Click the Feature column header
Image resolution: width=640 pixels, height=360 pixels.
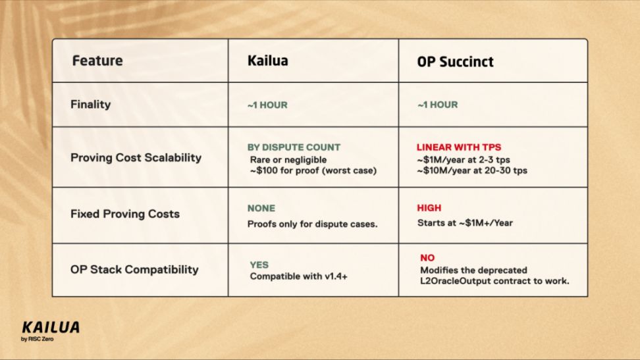(97, 61)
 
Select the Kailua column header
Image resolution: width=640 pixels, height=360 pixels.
(268, 61)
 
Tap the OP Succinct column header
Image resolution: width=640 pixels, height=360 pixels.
(455, 62)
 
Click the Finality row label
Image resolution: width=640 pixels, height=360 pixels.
(91, 105)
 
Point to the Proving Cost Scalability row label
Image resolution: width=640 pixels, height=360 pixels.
(136, 157)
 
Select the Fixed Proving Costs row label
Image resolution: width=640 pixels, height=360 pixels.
(125, 214)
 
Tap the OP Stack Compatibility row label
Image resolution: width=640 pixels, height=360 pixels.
(134, 269)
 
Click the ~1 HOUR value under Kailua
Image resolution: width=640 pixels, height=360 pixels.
(267, 105)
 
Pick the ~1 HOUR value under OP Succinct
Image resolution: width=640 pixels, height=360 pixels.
(438, 105)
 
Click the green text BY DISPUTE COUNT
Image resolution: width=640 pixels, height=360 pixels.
(294, 147)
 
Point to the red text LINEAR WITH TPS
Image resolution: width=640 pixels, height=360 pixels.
(459, 147)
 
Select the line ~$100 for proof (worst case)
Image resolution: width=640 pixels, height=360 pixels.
(313, 170)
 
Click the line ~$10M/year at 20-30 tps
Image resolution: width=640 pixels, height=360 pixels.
(472, 170)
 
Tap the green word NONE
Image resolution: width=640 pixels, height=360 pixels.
(261, 208)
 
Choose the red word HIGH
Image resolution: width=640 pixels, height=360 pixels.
(429, 208)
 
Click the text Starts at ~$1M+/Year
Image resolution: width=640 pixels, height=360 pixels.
(465, 223)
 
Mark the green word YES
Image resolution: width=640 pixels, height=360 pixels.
(259, 265)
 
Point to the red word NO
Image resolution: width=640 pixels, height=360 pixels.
(427, 258)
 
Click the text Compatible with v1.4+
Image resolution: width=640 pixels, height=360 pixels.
(299, 276)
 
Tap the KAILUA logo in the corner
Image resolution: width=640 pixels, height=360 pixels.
(51, 330)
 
